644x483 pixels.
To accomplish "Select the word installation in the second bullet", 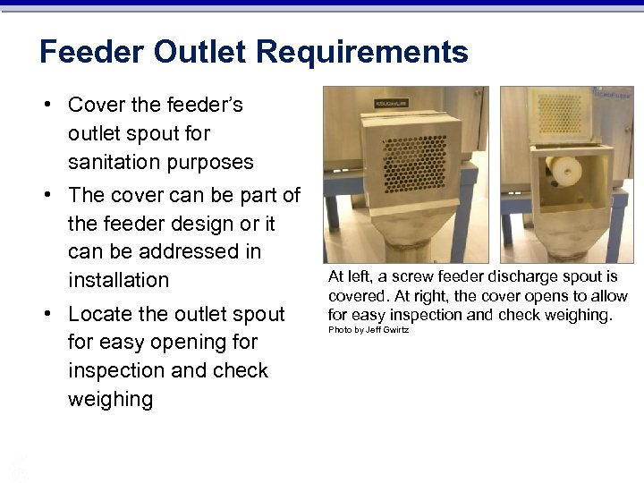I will point(118,280).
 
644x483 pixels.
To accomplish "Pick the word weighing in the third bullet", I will point(110,399).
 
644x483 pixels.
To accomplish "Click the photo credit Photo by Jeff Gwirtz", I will point(369,330).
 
